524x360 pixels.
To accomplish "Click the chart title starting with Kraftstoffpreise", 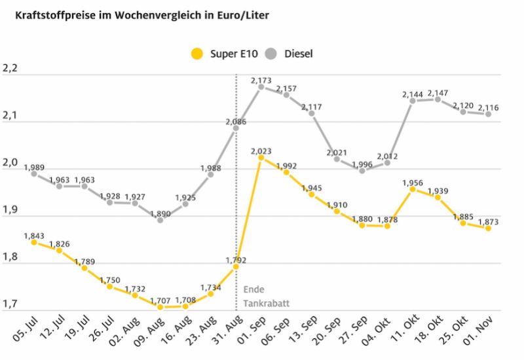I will [138, 13].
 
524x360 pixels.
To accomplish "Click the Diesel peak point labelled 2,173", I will [261, 86].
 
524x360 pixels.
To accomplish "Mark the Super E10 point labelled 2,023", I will [261, 157].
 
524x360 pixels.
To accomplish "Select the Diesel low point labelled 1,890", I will [160, 219].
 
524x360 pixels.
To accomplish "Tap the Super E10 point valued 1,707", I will [160, 306].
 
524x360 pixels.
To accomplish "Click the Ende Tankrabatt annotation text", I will [266, 296].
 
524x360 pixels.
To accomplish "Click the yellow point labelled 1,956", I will [413, 189].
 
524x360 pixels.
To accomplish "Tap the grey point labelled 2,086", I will [236, 128].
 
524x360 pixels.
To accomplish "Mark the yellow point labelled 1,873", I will [488, 228].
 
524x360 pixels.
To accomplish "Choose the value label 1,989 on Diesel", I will [34, 168].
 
